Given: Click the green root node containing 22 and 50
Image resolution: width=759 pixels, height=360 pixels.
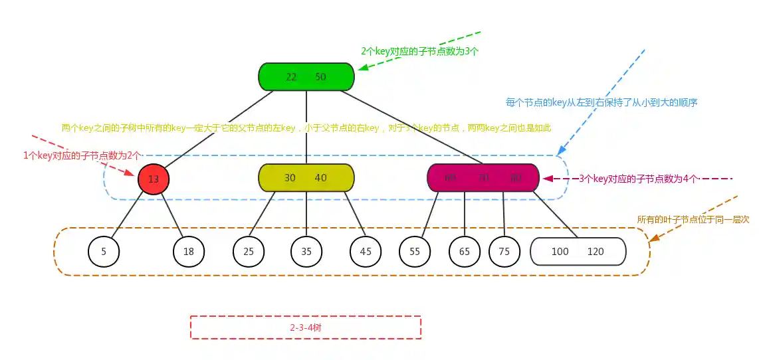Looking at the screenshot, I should coord(306,76).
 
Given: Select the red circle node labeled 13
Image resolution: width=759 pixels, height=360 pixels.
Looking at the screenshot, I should coord(154,179).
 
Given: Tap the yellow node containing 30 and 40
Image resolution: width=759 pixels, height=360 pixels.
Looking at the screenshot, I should coord(306,178).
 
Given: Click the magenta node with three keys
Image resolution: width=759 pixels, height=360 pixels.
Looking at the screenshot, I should coord(483,178).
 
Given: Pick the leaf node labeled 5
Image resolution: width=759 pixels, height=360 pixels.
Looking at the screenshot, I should coord(104,252).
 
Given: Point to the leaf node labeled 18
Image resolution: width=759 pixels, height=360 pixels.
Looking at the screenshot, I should coord(189,252).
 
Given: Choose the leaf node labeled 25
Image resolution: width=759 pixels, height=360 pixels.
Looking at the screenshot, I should coord(249,252).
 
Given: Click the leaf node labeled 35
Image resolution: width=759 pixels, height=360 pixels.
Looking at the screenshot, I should coord(306,252).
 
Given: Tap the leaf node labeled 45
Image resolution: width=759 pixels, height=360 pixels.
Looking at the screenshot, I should coord(366,252).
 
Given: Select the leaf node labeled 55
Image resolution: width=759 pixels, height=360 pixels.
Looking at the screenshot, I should coord(415,252).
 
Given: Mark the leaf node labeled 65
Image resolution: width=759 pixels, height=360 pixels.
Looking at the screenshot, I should coord(465,252).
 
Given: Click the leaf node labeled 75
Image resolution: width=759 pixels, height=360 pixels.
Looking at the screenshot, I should coord(504,252).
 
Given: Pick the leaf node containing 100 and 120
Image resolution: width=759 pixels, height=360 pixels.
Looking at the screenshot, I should coord(578,252).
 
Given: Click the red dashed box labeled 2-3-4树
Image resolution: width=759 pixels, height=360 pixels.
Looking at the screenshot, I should coord(306,327).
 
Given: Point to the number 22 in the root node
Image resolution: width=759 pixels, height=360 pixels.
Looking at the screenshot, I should coord(291,77).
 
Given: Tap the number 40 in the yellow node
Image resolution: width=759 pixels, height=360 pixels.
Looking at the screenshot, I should coord(321,178).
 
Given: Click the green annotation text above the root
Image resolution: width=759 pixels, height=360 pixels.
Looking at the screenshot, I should coord(419,51).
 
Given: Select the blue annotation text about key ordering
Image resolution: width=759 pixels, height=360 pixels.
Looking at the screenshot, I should coord(601,103).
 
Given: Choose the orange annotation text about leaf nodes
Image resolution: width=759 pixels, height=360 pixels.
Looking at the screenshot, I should coord(693,219).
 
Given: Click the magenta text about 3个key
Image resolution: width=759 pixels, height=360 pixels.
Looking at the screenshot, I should coord(638,179).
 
